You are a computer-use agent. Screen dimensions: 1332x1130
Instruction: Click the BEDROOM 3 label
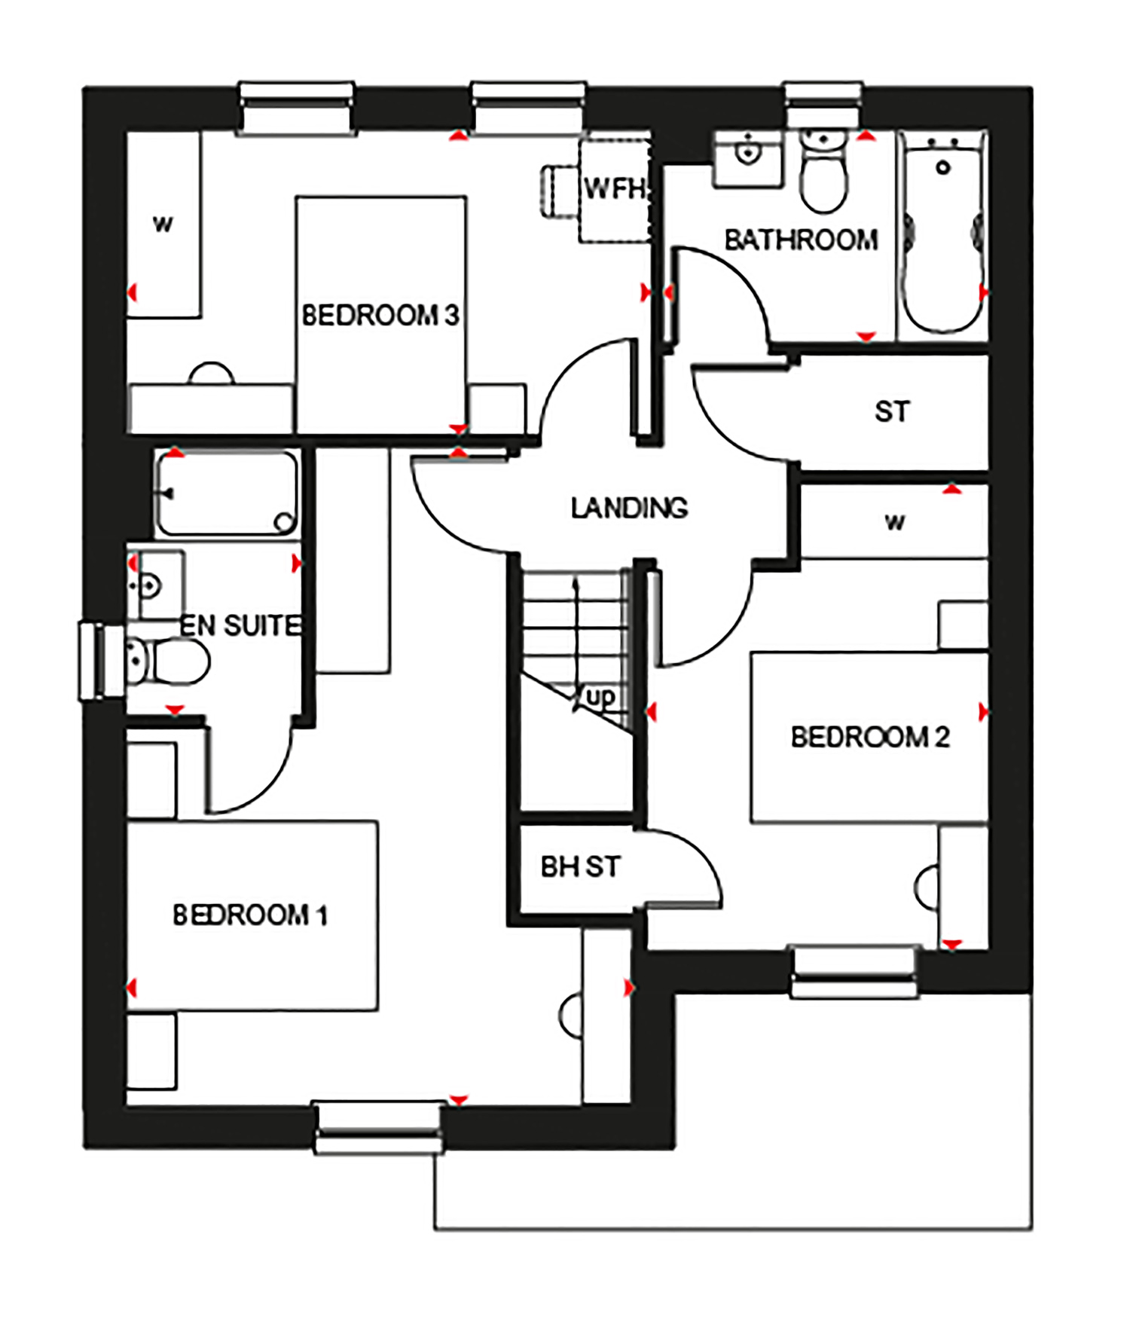point(380,315)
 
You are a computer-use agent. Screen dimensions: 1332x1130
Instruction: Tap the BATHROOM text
point(801,240)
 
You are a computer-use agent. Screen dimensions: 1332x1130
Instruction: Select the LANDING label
point(629,508)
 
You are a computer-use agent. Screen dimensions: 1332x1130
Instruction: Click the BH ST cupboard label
point(580,866)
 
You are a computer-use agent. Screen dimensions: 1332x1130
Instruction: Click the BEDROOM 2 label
point(869,737)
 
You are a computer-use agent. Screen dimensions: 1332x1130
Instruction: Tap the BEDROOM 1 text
point(250,915)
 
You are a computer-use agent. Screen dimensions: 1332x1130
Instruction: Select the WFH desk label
point(614,188)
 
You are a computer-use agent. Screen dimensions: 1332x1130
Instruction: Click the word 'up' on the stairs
point(600,697)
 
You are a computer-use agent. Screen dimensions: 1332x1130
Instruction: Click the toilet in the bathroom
point(823,173)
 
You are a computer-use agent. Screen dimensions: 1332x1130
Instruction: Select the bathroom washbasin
point(747,154)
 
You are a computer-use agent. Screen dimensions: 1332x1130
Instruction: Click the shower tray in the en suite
point(227,493)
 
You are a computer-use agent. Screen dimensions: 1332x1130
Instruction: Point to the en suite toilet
point(169,661)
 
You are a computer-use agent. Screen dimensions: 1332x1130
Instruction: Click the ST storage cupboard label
point(892,411)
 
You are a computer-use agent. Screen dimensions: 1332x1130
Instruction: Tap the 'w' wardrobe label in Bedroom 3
point(163,225)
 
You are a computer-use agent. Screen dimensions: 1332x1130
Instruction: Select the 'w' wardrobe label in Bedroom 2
point(894,521)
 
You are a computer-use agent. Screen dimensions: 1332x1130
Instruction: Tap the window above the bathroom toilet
point(823,105)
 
